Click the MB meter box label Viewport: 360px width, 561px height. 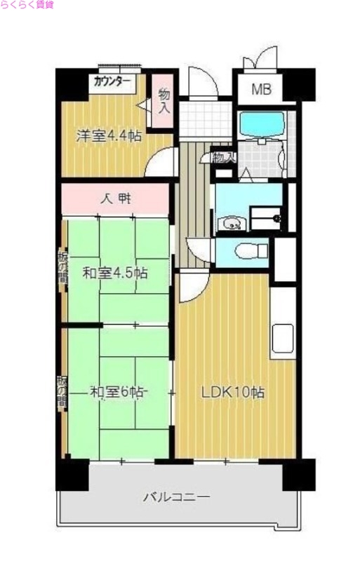click(261, 89)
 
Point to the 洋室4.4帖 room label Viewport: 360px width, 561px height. click(109, 135)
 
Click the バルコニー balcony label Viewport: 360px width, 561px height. click(176, 498)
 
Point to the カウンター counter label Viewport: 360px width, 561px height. click(112, 81)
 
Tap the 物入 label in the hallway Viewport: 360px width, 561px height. click(222, 158)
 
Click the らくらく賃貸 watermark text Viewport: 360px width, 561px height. click(26, 5)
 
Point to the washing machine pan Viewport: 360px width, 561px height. click(265, 219)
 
